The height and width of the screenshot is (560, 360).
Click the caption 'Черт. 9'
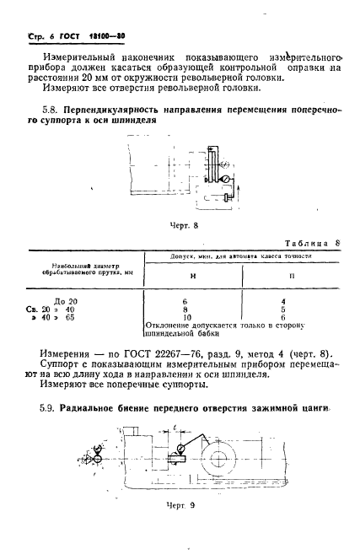tap(180, 529)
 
